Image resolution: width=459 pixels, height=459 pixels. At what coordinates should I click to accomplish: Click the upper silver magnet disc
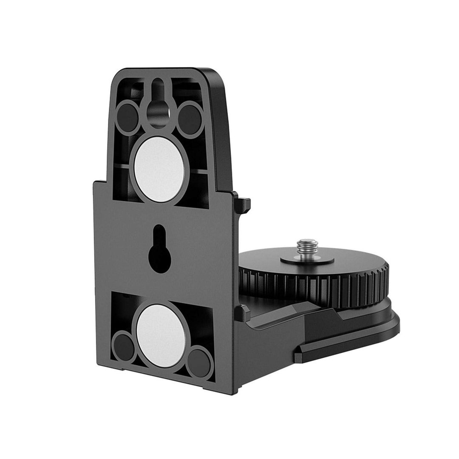pyautogui.click(x=159, y=169)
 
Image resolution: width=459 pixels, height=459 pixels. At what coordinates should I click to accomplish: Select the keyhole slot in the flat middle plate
pyautogui.click(x=159, y=249)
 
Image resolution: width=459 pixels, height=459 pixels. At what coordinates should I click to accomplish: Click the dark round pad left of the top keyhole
pyautogui.click(x=127, y=117)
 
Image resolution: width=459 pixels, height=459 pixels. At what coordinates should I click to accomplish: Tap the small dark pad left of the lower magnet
pyautogui.click(x=123, y=347)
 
